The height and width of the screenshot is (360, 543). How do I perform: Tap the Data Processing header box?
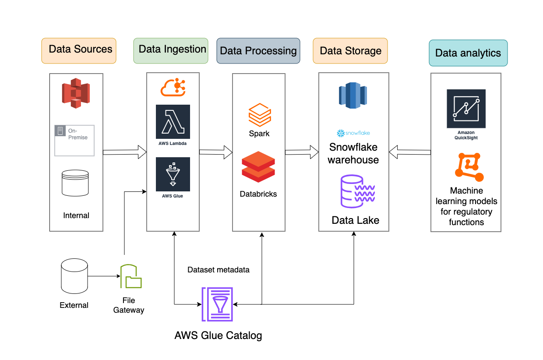pos(258,51)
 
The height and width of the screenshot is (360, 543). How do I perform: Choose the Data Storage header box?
pos(350,51)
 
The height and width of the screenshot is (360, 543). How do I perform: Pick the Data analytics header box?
pos(468,53)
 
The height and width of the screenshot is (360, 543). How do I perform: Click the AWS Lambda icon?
pos(173,122)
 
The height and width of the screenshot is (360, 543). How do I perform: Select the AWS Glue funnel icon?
pos(173,174)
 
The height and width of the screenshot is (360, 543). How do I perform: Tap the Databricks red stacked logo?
pos(258,166)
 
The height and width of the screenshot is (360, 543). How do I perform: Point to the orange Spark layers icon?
pos(260,115)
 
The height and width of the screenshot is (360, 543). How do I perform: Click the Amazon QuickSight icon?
pos(466,109)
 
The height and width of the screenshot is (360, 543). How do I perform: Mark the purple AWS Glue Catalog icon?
pos(217,304)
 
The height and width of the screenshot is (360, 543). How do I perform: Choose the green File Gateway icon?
pos(131,276)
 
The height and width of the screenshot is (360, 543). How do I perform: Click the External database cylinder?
pos(74,276)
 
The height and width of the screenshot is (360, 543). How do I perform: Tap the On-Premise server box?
pos(74,140)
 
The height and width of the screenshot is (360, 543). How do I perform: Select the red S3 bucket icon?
pos(76,93)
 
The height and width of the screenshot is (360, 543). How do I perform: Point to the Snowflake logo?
pos(353,133)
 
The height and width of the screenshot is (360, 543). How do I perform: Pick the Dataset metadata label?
pos(219,270)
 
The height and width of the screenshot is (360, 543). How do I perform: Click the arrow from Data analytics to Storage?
pos(410,152)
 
